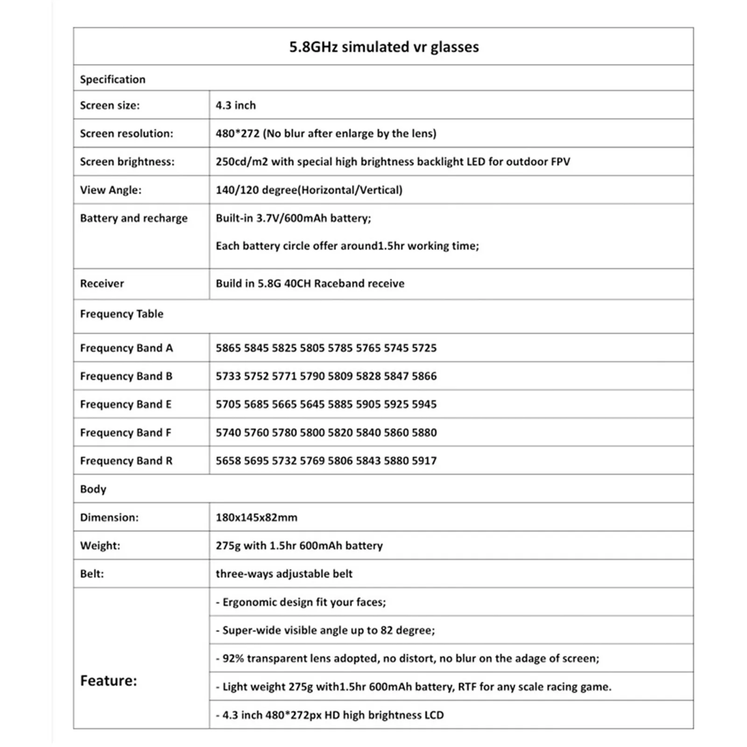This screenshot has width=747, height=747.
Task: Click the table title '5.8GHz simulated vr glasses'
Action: pos(384,47)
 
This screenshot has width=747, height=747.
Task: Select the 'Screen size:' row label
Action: pos(110,106)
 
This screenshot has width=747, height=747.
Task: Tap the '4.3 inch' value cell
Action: pos(236,106)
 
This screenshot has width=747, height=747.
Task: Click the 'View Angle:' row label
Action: pos(111,190)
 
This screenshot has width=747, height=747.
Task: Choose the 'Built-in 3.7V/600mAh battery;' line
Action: pos(293,218)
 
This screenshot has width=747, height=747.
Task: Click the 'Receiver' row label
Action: pos(102,283)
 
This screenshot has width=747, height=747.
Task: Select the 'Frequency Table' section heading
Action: pos(121,314)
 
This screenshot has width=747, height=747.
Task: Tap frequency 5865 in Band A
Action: pos(228,348)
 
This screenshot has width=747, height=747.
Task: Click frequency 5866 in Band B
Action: pos(424,376)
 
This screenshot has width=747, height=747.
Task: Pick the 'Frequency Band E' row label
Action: pos(126,404)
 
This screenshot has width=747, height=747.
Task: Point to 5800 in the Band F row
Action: pos(312,433)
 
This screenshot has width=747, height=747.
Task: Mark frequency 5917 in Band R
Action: pos(424,461)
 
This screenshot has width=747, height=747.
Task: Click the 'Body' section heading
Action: pos(93,489)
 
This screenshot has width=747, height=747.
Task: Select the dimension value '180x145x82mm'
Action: pos(256,517)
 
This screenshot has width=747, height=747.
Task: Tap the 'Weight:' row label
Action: pos(100,546)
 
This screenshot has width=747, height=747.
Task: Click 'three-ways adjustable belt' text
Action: pos(284,574)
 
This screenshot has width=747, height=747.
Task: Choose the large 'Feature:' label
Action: pos(109,681)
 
